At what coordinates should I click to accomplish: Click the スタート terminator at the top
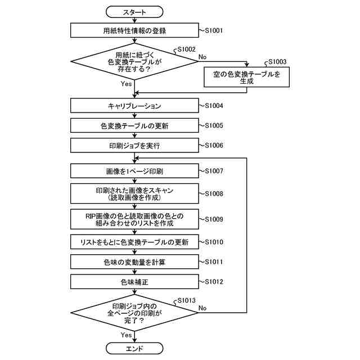pos(134,11)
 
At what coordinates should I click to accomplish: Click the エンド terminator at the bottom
pos(134,349)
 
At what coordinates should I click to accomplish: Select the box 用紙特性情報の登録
pos(134,30)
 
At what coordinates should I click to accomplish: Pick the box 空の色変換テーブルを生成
pos(246,77)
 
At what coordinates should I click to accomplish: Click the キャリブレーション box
pos(134,106)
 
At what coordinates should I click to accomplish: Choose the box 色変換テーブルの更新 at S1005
pos(134,125)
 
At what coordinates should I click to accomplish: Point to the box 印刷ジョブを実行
pos(134,146)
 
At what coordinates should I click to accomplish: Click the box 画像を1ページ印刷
pos(134,170)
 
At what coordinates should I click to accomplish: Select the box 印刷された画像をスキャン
pos(134,193)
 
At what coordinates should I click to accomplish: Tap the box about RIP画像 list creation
pos(134,219)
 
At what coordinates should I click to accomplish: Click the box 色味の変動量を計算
pos(134,262)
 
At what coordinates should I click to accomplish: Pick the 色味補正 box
pos(134,281)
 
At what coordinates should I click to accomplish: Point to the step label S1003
pos(277,62)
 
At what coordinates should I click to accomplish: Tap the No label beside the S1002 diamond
pos(202,57)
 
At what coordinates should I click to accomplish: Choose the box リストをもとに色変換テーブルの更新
pos(134,242)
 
